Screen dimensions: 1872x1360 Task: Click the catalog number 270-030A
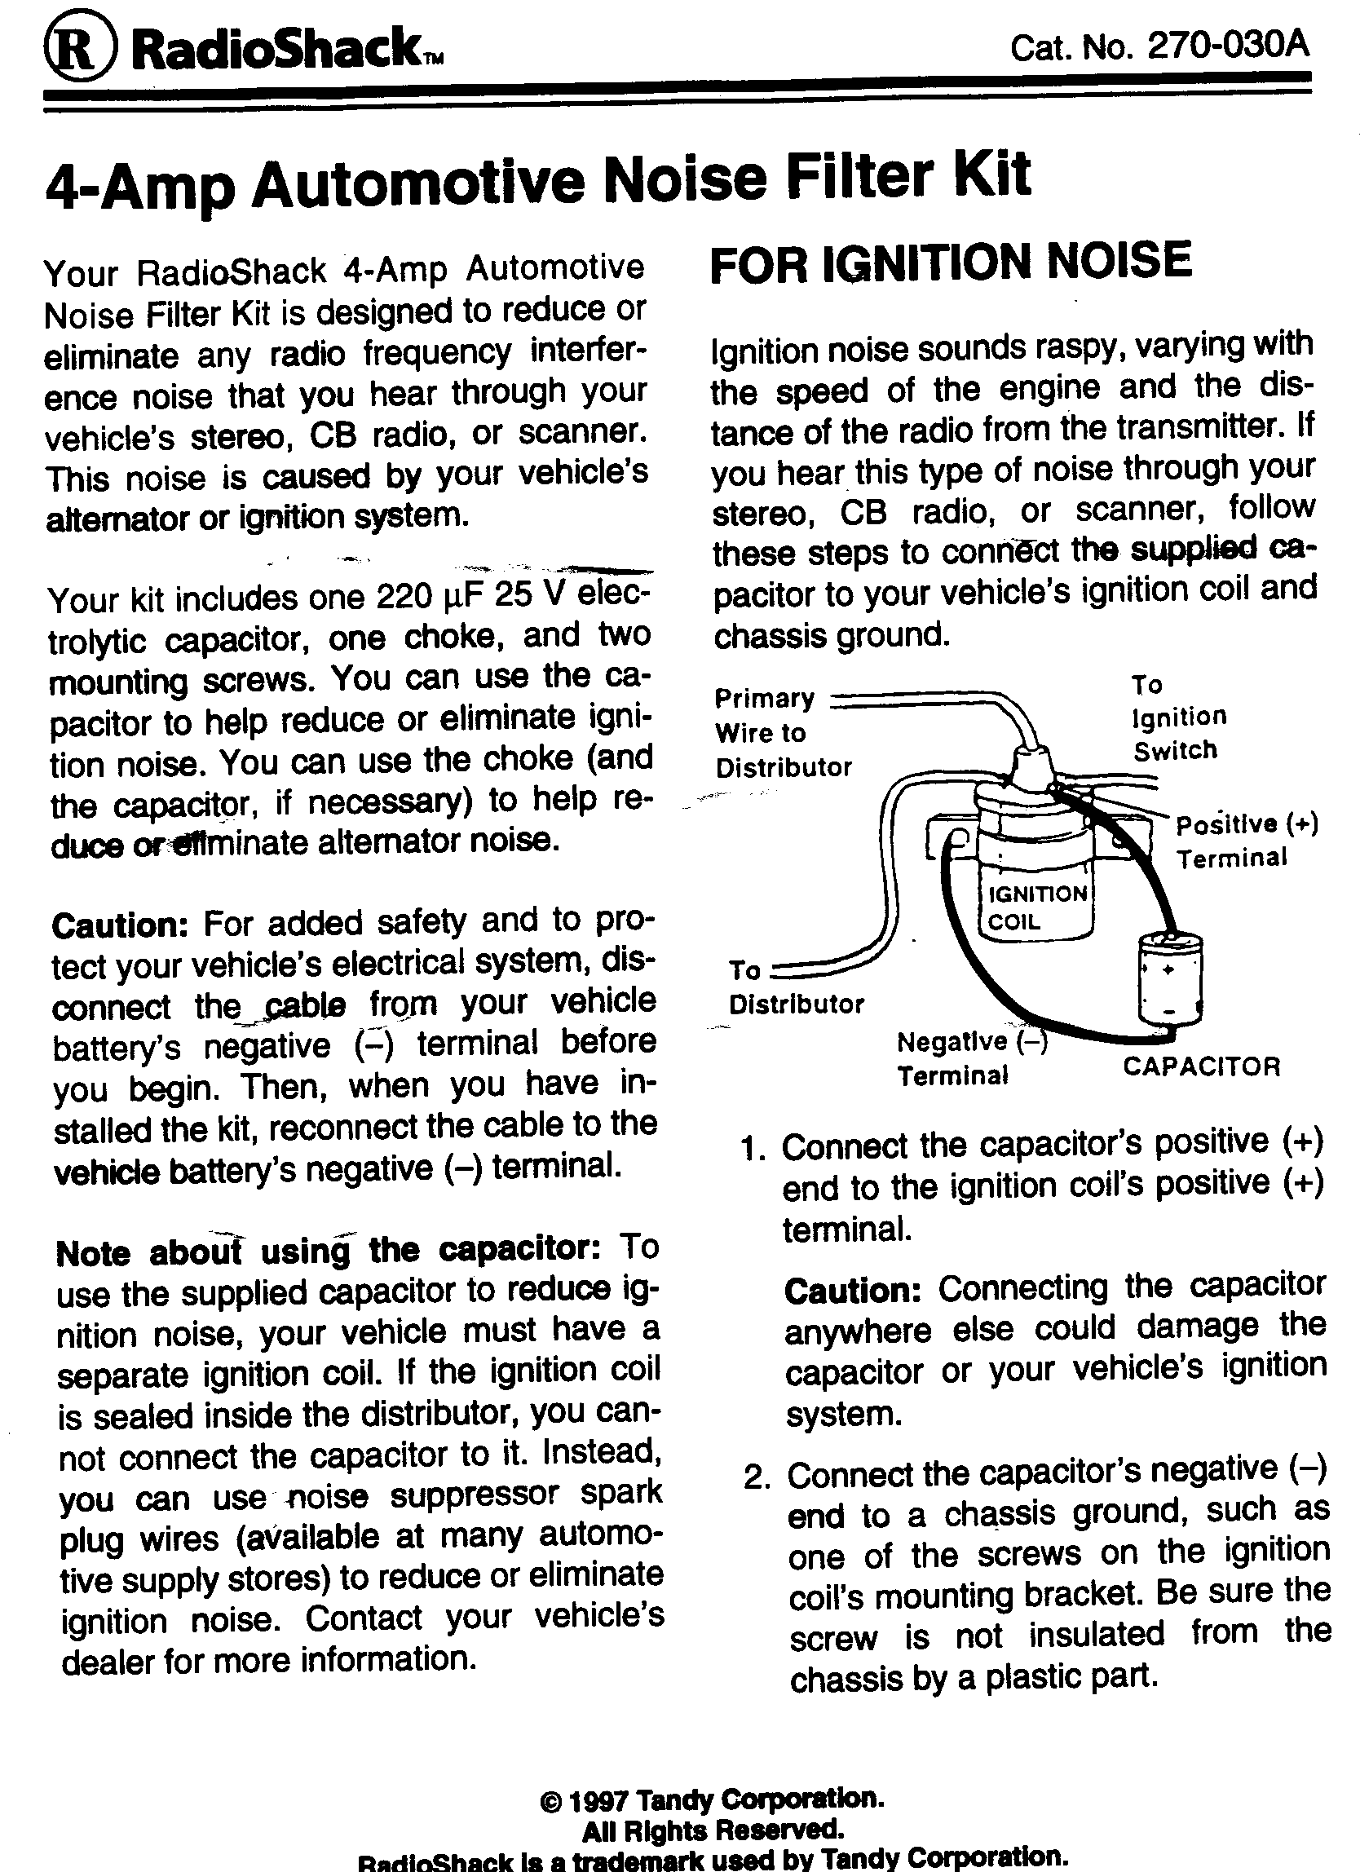tap(1228, 45)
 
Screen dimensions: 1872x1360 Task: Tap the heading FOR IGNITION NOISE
tap(951, 262)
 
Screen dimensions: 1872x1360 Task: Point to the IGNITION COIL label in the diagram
tap(1036, 907)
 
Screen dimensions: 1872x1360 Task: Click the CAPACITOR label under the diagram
tap(1201, 1066)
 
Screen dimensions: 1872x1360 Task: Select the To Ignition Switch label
tap(1177, 717)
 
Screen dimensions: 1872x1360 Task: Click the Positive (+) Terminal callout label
tap(1245, 841)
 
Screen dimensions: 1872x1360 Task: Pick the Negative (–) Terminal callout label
tap(970, 1059)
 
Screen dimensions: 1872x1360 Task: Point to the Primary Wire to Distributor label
tap(781, 733)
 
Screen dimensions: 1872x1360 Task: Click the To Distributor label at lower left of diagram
tap(795, 988)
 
